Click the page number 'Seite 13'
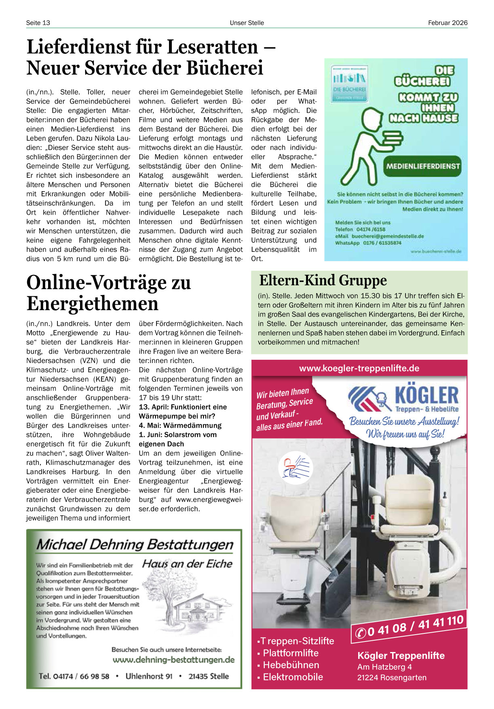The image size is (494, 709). click(x=38, y=23)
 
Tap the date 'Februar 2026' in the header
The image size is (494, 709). click(x=448, y=23)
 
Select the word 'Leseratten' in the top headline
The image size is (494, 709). click(x=212, y=47)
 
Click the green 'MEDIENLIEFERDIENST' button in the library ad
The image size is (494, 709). click(x=423, y=166)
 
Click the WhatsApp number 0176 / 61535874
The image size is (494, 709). click(x=382, y=243)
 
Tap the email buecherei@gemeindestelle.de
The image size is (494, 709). click(x=387, y=236)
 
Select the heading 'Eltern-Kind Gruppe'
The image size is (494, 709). click(x=323, y=280)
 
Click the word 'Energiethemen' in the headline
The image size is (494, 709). click(x=92, y=304)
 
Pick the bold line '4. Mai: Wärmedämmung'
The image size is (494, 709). click(x=180, y=425)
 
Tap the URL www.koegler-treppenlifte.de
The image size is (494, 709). click(x=359, y=368)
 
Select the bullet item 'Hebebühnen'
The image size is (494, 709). click(x=291, y=665)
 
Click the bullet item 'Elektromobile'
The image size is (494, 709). click(x=293, y=677)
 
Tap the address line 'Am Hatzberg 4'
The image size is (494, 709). click(x=384, y=667)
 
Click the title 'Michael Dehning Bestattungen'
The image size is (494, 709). click(x=135, y=544)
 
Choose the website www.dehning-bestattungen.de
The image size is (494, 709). click(x=173, y=660)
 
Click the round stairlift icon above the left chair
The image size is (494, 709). click(x=296, y=467)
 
